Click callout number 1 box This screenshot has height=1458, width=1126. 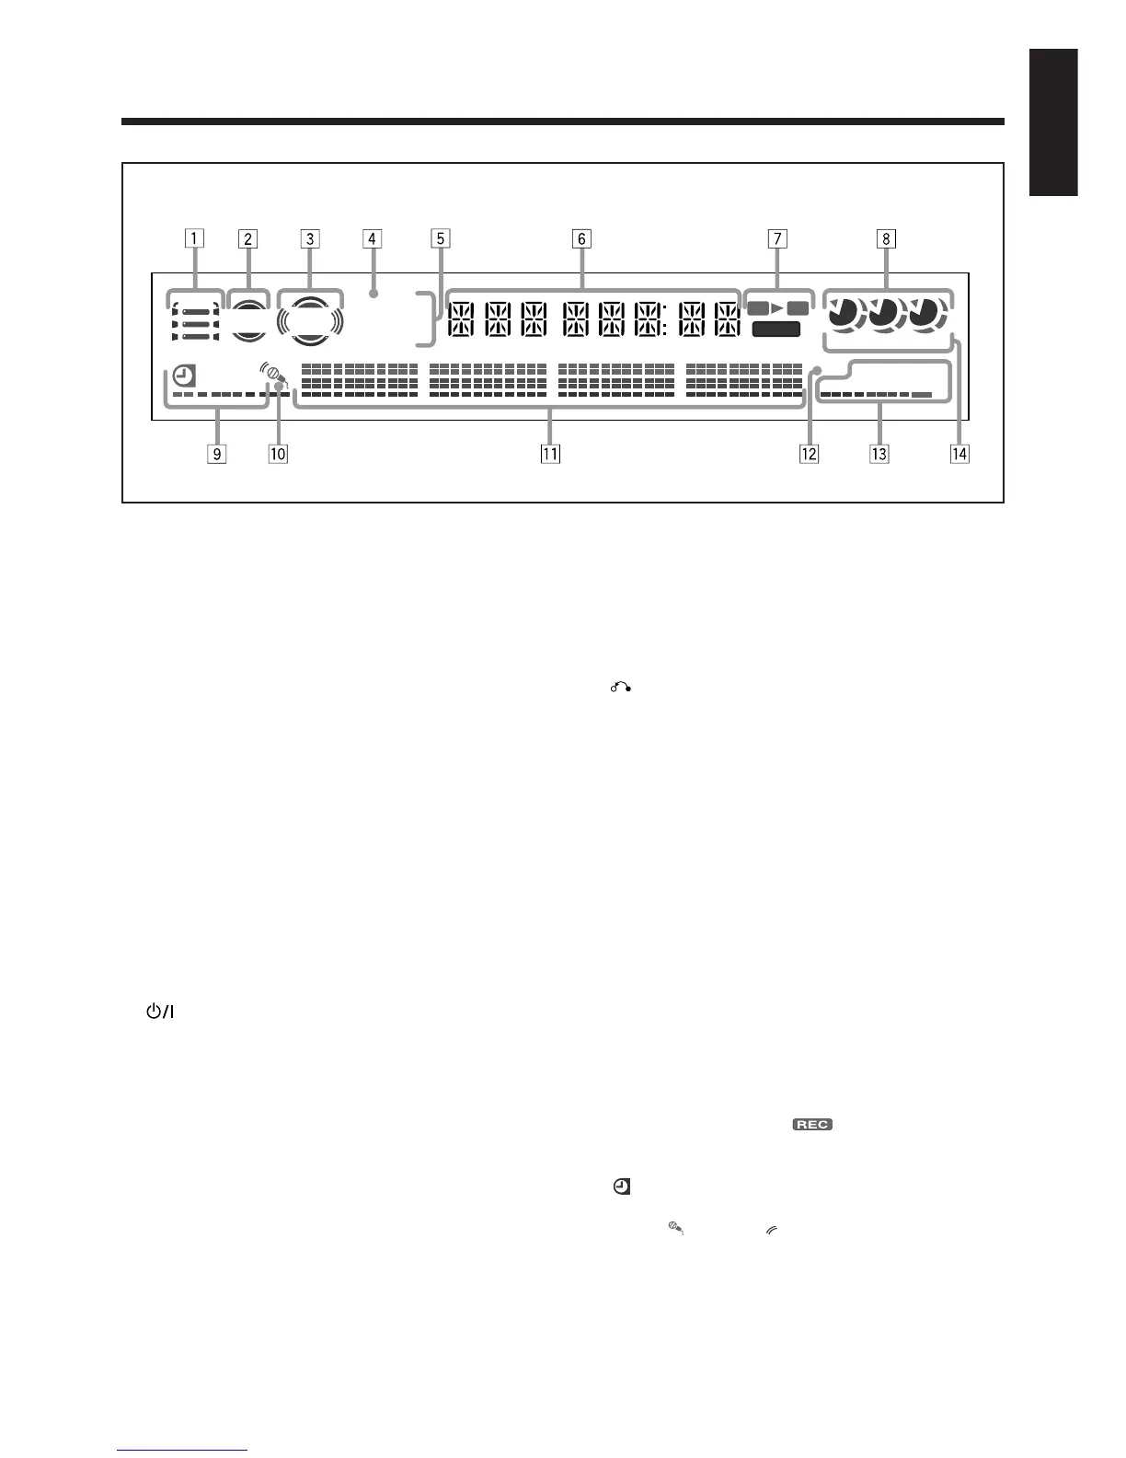click(193, 239)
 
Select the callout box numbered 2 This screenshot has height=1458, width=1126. click(247, 239)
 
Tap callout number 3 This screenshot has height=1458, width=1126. click(310, 239)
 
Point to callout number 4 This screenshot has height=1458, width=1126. click(372, 239)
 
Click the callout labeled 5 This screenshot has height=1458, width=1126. click(441, 239)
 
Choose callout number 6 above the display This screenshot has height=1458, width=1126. click(580, 239)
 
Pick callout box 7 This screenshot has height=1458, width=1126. click(777, 239)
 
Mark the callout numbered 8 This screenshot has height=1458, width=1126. click(886, 239)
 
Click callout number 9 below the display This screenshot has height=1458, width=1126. click(217, 453)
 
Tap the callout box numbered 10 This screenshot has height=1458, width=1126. click(277, 453)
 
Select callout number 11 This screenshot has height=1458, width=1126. click(550, 453)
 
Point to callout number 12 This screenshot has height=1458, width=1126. click(809, 453)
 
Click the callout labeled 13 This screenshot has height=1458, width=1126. click(879, 453)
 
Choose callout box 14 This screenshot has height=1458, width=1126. click(959, 453)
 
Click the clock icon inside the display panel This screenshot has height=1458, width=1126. click(184, 376)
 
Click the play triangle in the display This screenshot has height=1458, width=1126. click(777, 308)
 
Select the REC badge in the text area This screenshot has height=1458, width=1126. click(812, 1125)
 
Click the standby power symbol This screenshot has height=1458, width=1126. click(159, 1012)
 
